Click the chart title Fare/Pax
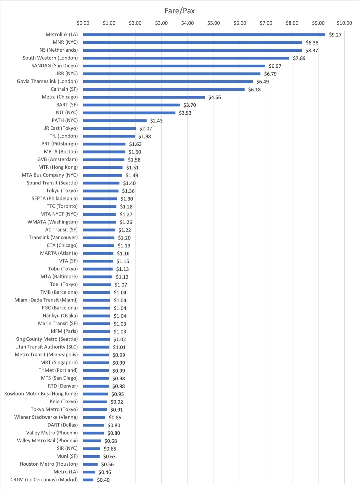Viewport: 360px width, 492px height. coord(179,11)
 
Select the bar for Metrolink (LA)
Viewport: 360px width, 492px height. coord(204,35)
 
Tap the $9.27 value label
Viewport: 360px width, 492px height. coord(335,35)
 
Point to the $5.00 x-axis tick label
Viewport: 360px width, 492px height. coord(213,23)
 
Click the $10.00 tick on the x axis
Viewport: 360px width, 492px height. coord(344,23)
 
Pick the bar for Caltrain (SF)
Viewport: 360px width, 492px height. coord(164,89)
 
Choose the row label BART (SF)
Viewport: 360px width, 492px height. coord(67,105)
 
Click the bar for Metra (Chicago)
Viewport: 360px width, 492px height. coord(144,97)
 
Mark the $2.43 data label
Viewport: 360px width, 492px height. coord(156,121)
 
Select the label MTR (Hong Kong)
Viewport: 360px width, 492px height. coord(58,167)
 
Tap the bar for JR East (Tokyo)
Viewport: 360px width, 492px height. coord(109,128)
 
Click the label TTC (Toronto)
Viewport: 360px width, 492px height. coord(62,206)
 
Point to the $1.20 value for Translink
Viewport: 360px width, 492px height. coord(124,238)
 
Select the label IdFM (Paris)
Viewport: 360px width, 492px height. coord(64,331)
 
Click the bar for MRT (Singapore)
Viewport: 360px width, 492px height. coord(96,363)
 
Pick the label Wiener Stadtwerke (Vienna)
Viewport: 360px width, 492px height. coord(46,417)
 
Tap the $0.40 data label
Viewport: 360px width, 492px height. coord(103,480)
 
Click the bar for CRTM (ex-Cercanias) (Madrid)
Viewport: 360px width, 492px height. coord(88,480)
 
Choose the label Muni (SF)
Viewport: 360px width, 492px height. coord(67,456)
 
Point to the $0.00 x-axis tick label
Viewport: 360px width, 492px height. coord(83,23)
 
